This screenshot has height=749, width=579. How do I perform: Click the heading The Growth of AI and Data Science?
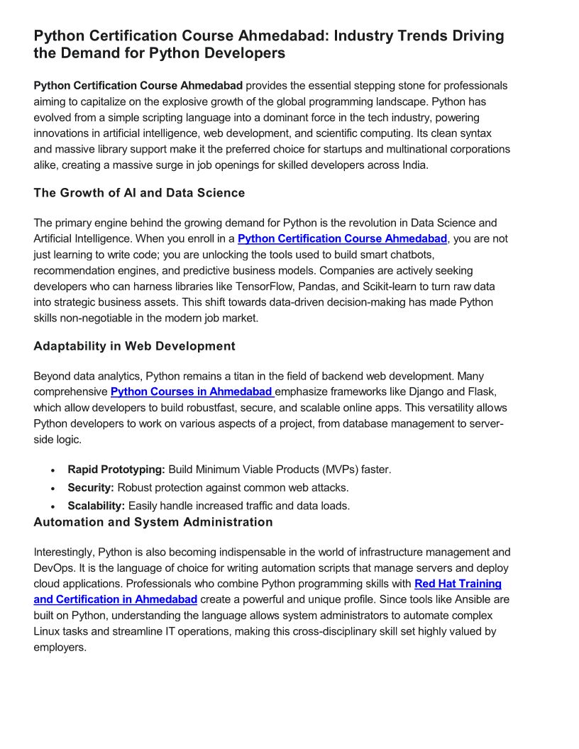pos(139,193)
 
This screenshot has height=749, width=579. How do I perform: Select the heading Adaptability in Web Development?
pos(134,346)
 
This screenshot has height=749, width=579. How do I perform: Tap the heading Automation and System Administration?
pos(153,522)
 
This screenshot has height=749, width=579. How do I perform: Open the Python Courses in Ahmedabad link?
pos(192,392)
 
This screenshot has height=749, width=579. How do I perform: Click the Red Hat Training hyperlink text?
pos(458,584)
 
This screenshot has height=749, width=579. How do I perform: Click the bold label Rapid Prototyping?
pos(116,470)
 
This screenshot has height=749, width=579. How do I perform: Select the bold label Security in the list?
pos(91,488)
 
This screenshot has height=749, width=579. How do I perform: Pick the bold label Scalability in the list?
pos(96,506)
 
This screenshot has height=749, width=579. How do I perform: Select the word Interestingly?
pos(63,553)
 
